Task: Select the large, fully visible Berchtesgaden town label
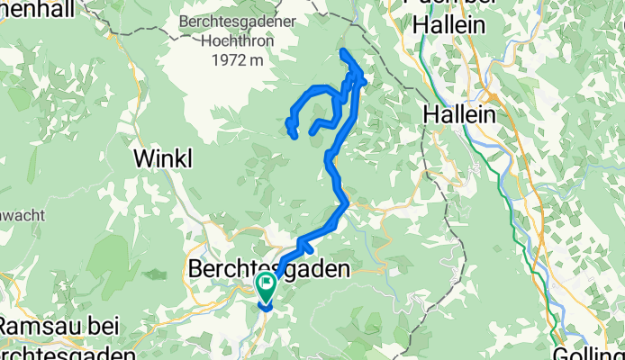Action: [267, 268]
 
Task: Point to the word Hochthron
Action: [232, 40]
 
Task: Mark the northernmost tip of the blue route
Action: [342, 52]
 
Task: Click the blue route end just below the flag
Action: [266, 307]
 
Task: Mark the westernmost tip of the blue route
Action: [288, 121]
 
